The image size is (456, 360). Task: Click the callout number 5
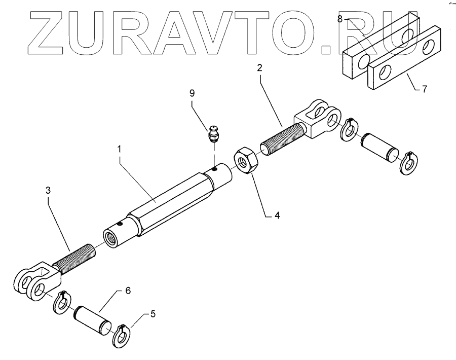coord(153,314)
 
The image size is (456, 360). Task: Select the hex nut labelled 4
coord(247,160)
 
